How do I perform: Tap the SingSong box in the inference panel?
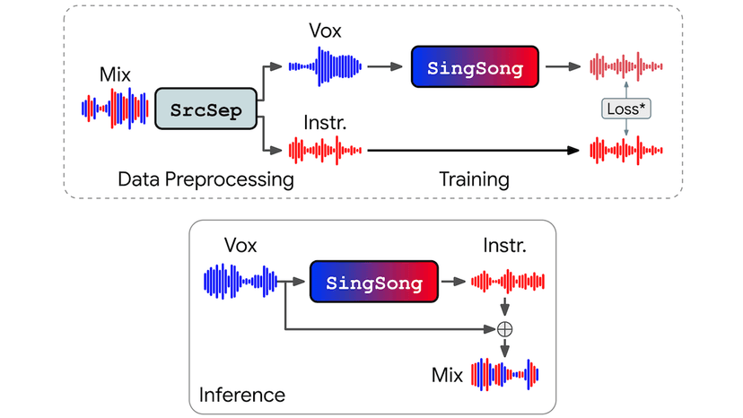click(379, 283)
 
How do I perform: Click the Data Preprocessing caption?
click(205, 179)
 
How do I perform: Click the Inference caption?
click(241, 394)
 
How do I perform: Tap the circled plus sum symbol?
click(505, 328)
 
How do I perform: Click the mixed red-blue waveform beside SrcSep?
click(115, 109)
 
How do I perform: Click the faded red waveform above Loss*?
click(626, 66)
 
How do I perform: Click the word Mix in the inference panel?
click(446, 374)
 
